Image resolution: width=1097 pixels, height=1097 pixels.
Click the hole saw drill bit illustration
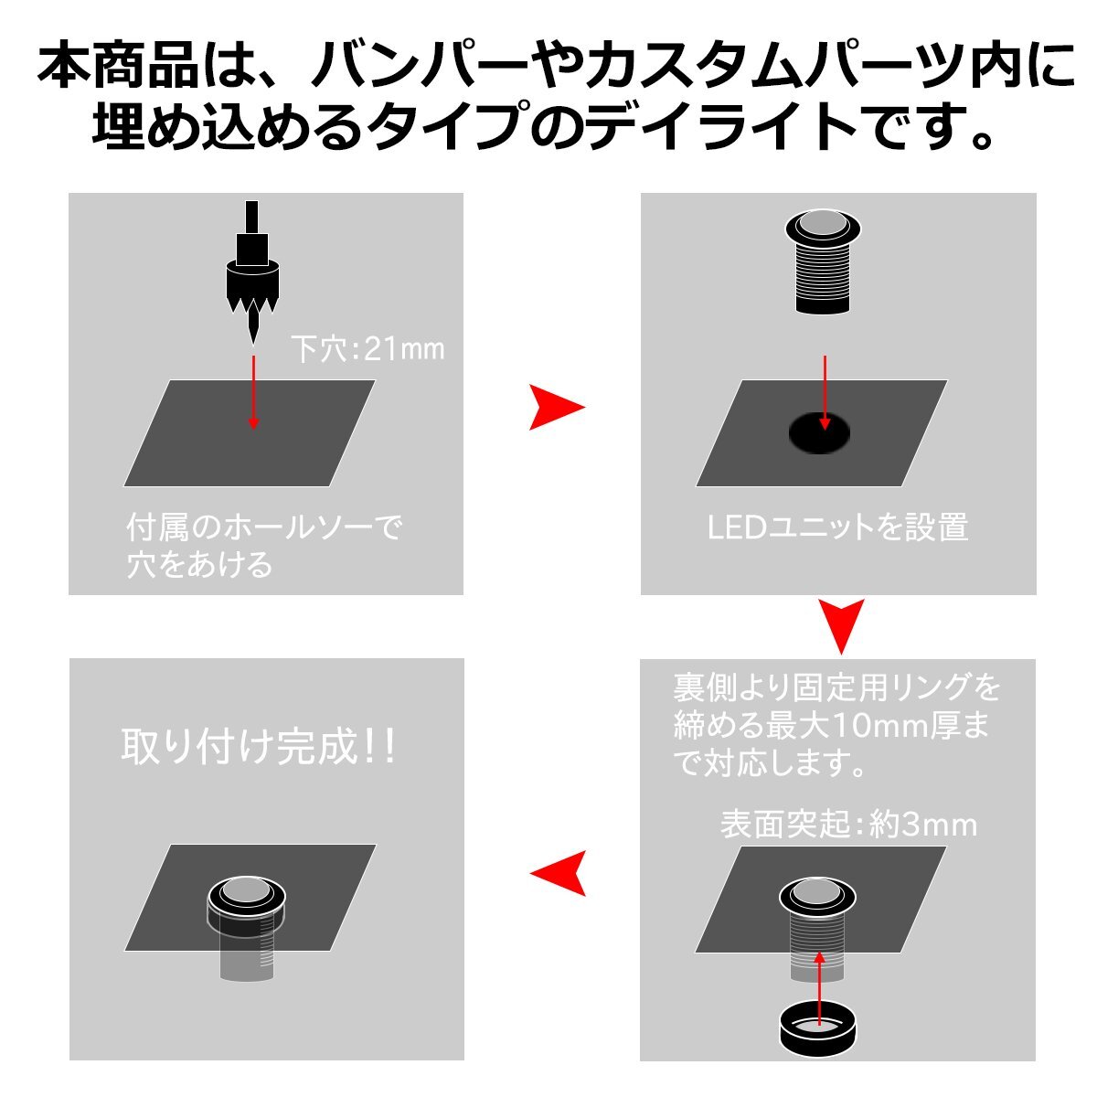pyautogui.click(x=252, y=272)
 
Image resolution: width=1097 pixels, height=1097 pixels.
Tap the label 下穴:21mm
pyautogui.click(x=367, y=349)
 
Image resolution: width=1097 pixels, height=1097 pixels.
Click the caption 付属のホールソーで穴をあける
pyautogui.click(x=264, y=546)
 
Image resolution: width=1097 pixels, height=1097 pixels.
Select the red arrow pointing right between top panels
pyautogui.click(x=556, y=407)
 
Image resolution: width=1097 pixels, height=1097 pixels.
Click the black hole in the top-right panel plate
pyautogui.click(x=819, y=432)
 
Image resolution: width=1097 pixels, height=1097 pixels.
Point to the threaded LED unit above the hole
pyautogui.click(x=823, y=261)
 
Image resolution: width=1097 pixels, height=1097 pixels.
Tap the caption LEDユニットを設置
pyautogui.click(x=837, y=527)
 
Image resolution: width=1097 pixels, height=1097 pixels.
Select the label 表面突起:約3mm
pyautogui.click(x=848, y=824)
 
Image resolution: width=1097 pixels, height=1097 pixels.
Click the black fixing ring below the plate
pyautogui.click(x=819, y=1030)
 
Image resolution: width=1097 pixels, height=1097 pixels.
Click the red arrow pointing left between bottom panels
pyautogui.click(x=558, y=873)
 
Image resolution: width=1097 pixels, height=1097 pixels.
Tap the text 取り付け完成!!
pyautogui.click(x=258, y=747)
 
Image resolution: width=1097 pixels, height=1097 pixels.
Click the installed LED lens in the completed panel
pyautogui.click(x=246, y=889)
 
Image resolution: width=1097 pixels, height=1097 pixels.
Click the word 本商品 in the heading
pyautogui.click(x=117, y=66)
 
